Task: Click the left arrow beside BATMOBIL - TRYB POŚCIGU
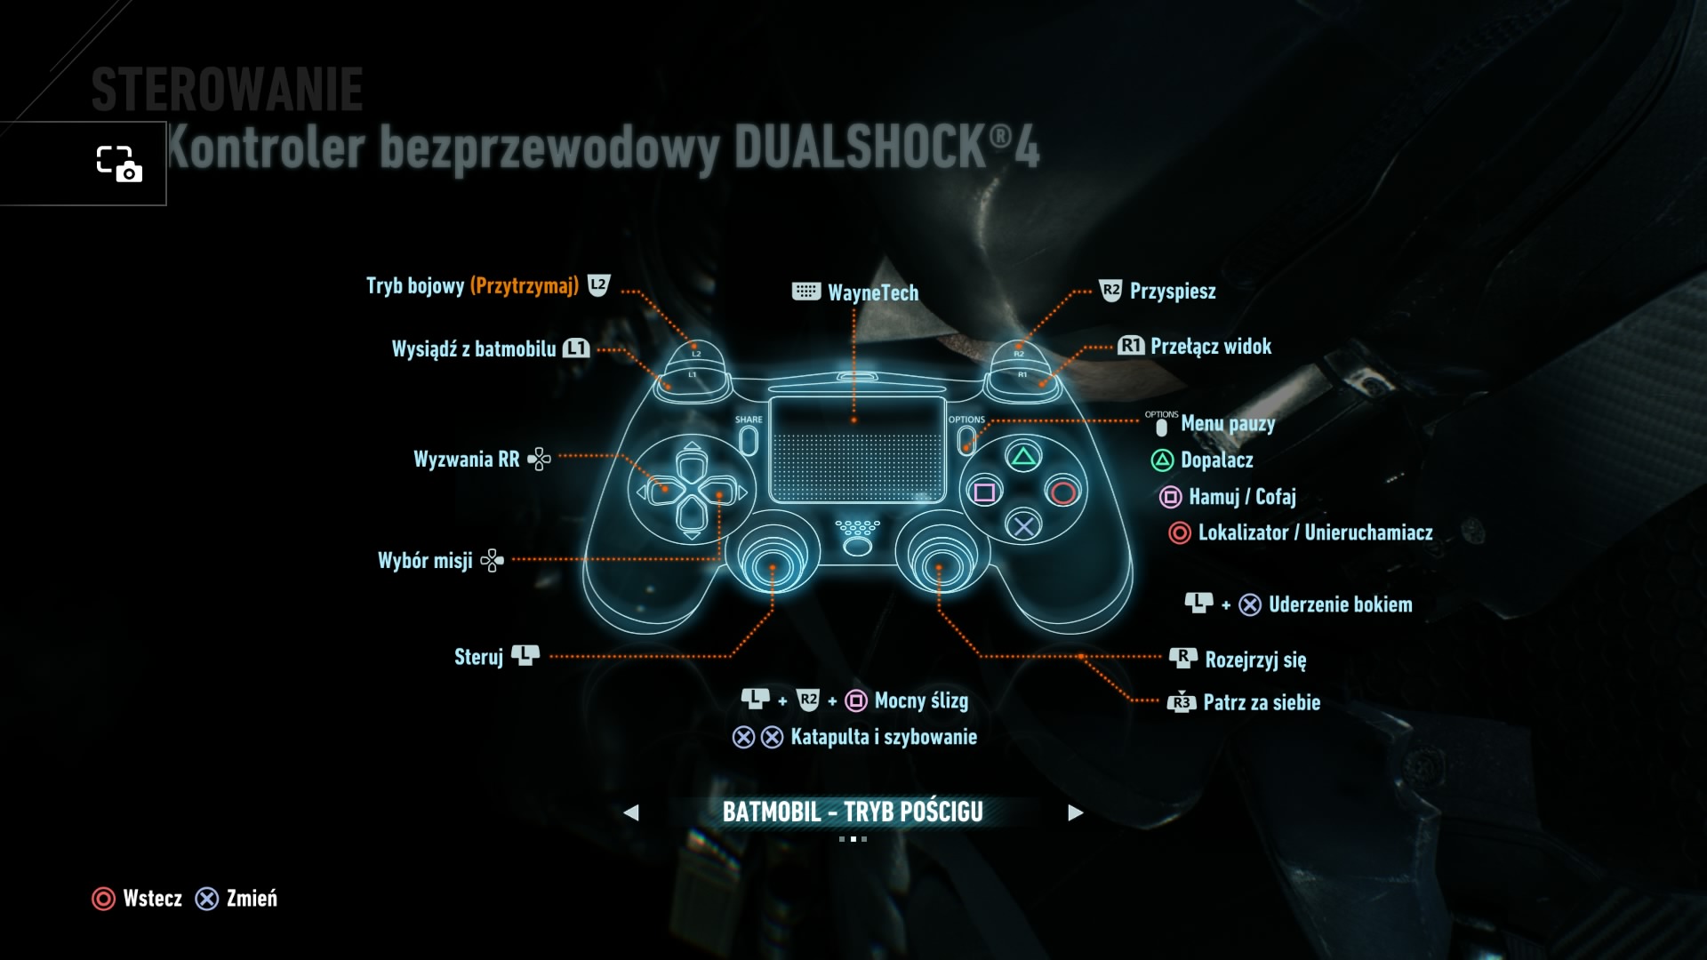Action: tap(631, 812)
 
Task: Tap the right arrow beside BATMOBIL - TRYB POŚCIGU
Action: tap(1075, 812)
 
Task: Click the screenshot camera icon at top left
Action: tap(119, 164)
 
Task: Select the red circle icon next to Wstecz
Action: tap(103, 899)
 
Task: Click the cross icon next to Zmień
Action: tap(207, 899)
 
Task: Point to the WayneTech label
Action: tap(872, 292)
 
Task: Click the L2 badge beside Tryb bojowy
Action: tap(599, 285)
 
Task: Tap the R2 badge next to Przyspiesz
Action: tap(1110, 291)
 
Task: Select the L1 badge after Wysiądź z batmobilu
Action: tap(576, 348)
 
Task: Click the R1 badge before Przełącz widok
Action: tap(1131, 346)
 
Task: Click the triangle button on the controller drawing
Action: tap(1023, 458)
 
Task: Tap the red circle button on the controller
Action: tap(1062, 492)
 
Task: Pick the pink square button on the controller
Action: tap(985, 492)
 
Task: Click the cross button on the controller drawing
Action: tap(1023, 526)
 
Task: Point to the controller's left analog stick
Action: tap(772, 562)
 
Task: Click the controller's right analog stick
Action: tap(939, 562)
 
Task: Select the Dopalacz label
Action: tap(1216, 460)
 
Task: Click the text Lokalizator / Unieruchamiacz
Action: tap(1315, 532)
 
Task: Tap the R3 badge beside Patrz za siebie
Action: tap(1181, 702)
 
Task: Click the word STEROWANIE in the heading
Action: tap(228, 90)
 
